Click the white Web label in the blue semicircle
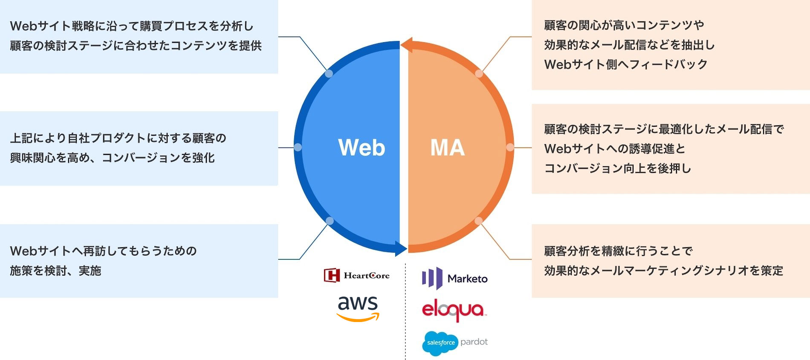[362, 148]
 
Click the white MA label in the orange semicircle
[447, 148]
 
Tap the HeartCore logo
[356, 276]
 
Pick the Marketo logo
[454, 278]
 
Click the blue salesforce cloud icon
[440, 343]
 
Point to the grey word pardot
[474, 342]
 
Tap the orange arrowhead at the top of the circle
[406, 45]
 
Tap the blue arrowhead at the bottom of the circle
[401, 249]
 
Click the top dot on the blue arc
[329, 74]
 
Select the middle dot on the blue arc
[298, 147]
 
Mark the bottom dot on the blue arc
[329, 221]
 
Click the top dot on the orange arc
[479, 74]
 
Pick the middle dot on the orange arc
[510, 148]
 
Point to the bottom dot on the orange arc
[479, 221]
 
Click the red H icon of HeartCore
[332, 276]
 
